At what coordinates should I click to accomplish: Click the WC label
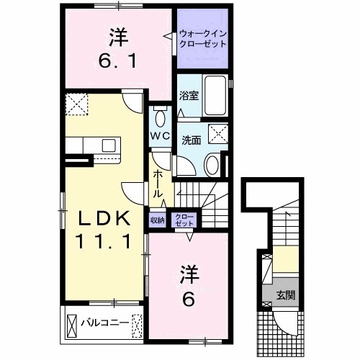point(160,135)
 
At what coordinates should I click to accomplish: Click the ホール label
point(157,186)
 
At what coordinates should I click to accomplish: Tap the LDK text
point(104,218)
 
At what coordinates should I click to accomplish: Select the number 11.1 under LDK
point(104,243)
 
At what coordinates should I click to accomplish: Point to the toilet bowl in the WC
point(160,117)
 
